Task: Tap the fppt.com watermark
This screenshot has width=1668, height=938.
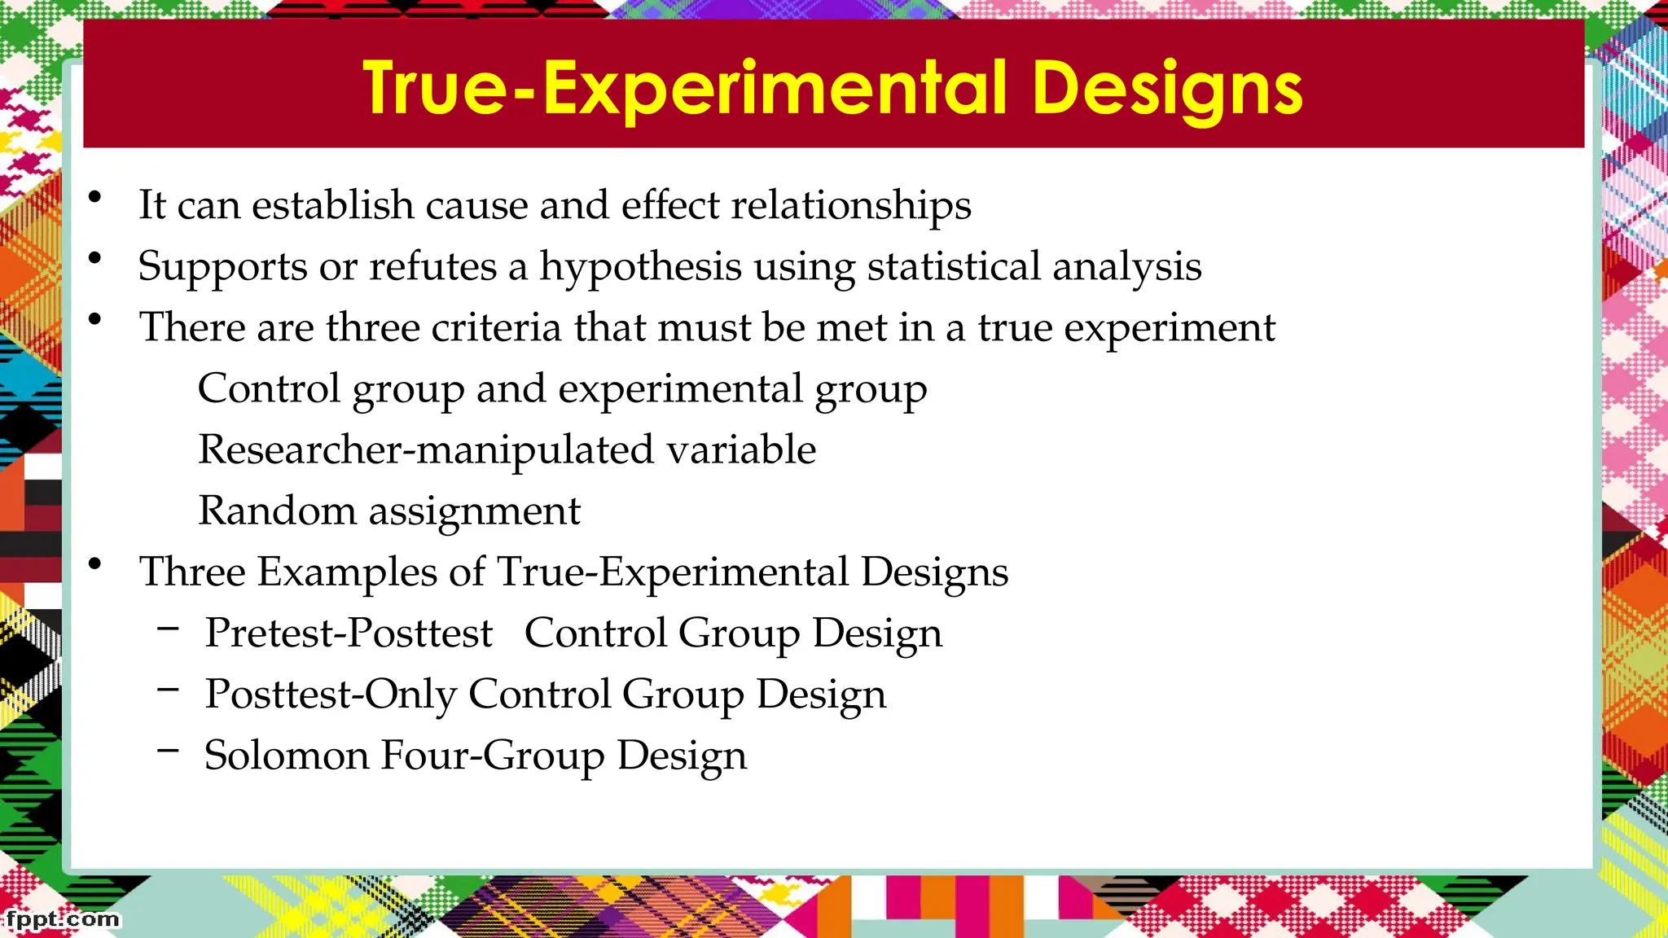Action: (63, 919)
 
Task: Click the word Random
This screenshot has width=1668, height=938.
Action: (277, 511)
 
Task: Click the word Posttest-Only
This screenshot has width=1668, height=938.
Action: (331, 695)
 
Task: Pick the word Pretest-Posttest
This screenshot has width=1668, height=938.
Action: (349, 633)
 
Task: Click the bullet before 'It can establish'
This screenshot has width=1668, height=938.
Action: (95, 197)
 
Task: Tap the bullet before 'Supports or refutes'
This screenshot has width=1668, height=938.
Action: (95, 259)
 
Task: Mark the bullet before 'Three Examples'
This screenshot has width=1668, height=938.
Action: (95, 564)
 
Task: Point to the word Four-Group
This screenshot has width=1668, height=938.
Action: (493, 756)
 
